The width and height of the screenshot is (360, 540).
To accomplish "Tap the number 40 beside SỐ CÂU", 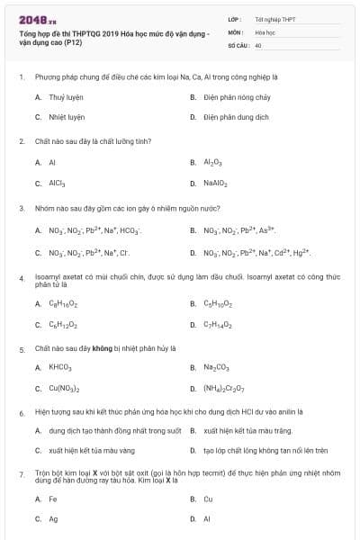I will [258, 44].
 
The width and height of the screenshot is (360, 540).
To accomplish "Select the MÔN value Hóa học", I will [265, 31].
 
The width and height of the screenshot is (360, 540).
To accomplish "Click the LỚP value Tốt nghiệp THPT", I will [274, 19].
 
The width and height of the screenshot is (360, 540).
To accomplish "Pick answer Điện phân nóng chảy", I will [237, 96].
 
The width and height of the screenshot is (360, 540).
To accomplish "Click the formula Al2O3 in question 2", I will [212, 163].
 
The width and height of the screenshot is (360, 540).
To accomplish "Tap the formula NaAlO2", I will [215, 184].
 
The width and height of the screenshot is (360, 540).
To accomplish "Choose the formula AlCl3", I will [57, 184].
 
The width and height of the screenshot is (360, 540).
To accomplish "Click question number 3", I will [21, 208].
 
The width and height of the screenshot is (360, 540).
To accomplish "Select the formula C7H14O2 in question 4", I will [218, 325].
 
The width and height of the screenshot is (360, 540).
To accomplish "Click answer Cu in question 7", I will [208, 498].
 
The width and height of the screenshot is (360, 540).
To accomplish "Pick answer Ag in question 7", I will [53, 518].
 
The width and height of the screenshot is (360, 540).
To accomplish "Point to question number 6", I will [21, 412].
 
